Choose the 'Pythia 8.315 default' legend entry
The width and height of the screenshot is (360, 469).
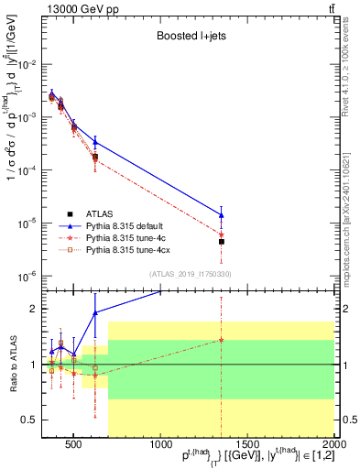(x=128, y=224)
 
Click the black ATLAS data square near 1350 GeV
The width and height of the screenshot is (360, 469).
(x=222, y=242)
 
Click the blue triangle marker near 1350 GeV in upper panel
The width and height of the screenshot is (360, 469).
(x=222, y=215)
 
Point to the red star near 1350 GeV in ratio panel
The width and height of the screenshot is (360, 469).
(x=222, y=340)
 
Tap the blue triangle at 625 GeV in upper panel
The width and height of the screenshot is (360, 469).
(x=95, y=142)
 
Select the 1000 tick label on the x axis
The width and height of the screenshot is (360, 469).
(x=160, y=445)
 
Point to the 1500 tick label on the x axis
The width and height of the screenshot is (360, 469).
(x=247, y=445)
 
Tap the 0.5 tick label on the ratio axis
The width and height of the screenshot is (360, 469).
(x=38, y=420)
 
